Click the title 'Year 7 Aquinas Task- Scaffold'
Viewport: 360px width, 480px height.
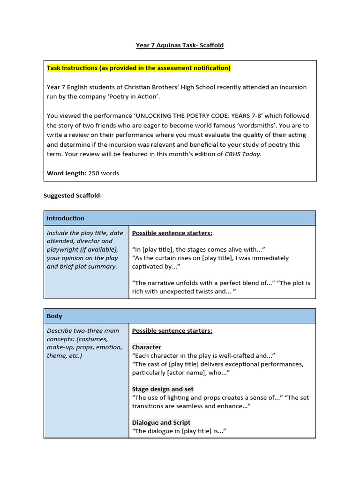pos(180,45)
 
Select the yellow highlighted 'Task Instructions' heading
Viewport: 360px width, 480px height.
pos(138,68)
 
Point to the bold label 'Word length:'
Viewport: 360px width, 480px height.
pos(67,173)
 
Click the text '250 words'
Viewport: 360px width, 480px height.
pos(104,173)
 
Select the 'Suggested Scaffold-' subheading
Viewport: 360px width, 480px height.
pos(73,195)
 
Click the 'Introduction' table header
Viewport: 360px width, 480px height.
pos(66,218)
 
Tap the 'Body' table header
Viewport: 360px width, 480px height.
pos(54,316)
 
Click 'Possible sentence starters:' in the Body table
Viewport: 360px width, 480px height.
pos(172,331)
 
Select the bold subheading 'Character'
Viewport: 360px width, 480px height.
pos(146,347)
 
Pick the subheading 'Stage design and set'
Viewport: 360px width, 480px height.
pos(162,389)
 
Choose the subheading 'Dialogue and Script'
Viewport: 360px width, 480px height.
pos(161,423)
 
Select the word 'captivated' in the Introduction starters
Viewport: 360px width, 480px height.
pos(149,267)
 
